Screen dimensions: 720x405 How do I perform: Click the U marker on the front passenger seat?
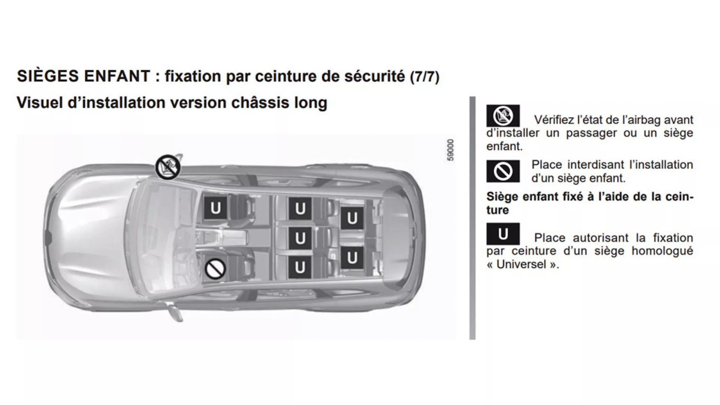pos(216,208)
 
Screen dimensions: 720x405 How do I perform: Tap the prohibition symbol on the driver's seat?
pos(215,269)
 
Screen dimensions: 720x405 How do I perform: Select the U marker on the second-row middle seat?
pos(300,238)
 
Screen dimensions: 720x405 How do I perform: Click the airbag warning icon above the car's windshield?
pos(168,167)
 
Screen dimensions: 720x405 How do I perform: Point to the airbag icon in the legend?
pos(503,116)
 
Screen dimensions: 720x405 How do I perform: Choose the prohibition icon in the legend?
pos(503,171)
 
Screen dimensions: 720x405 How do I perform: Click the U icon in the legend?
pos(503,234)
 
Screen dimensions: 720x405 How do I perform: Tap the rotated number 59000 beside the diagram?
pos(451,150)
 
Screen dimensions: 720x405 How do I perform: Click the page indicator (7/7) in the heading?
pos(425,77)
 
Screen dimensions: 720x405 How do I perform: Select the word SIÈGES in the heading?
pos(48,76)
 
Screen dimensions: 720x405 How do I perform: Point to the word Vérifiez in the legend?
pos(554,120)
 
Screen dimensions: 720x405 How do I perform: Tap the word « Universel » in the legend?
pos(523,264)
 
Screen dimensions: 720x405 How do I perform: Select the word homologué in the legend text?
pos(662,251)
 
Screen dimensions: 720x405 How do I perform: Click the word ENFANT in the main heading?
pos(117,76)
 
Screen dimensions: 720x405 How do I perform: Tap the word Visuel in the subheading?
pos(40,103)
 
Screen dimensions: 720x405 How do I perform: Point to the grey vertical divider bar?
pos(472,218)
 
